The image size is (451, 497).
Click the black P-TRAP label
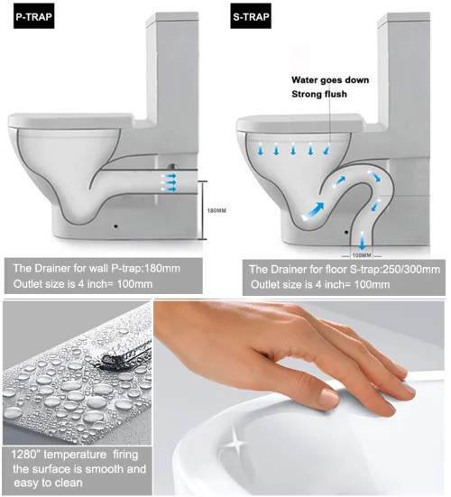tap(34, 16)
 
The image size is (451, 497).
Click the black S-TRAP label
tap(251, 16)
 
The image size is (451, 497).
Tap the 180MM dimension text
tap(216, 210)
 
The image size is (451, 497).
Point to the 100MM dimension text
tap(362, 255)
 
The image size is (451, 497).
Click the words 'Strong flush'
tap(319, 94)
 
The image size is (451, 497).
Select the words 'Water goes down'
tap(330, 80)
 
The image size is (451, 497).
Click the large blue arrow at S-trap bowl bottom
tap(313, 211)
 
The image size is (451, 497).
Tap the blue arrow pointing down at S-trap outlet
tap(362, 240)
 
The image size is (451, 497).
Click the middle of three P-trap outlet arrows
tap(169, 182)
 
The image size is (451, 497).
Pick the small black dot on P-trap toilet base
tap(116, 226)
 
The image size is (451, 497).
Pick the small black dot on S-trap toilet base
tap(346, 232)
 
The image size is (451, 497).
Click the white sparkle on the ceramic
tap(235, 441)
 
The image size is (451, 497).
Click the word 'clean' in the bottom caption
tap(69, 483)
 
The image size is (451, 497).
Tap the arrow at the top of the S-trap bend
tap(374, 176)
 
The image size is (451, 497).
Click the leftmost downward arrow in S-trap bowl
tap(261, 149)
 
